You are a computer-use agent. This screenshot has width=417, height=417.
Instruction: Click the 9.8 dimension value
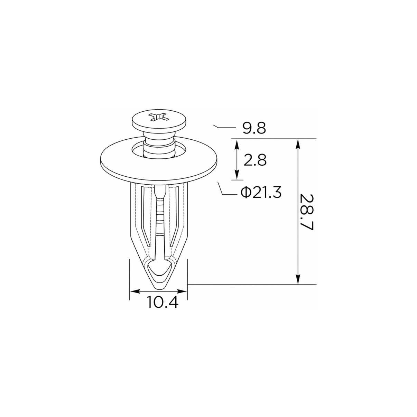(254, 128)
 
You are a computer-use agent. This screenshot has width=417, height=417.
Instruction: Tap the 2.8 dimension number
(255, 160)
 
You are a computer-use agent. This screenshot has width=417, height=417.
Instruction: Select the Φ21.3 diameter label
(261, 192)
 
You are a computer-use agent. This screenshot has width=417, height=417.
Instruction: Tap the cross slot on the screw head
(159, 118)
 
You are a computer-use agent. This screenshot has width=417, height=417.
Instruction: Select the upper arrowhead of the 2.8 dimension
(237, 145)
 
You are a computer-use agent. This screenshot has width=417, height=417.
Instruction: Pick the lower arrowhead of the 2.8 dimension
(237, 174)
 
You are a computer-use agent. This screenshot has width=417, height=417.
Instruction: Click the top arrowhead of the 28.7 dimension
(298, 144)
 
